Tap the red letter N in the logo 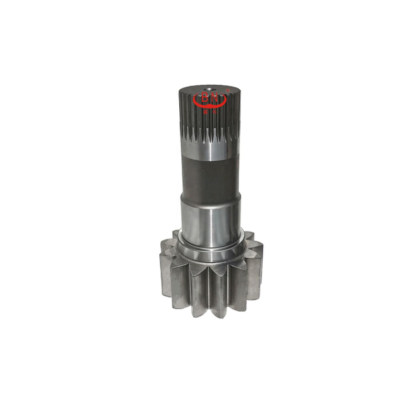click(215, 99)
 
